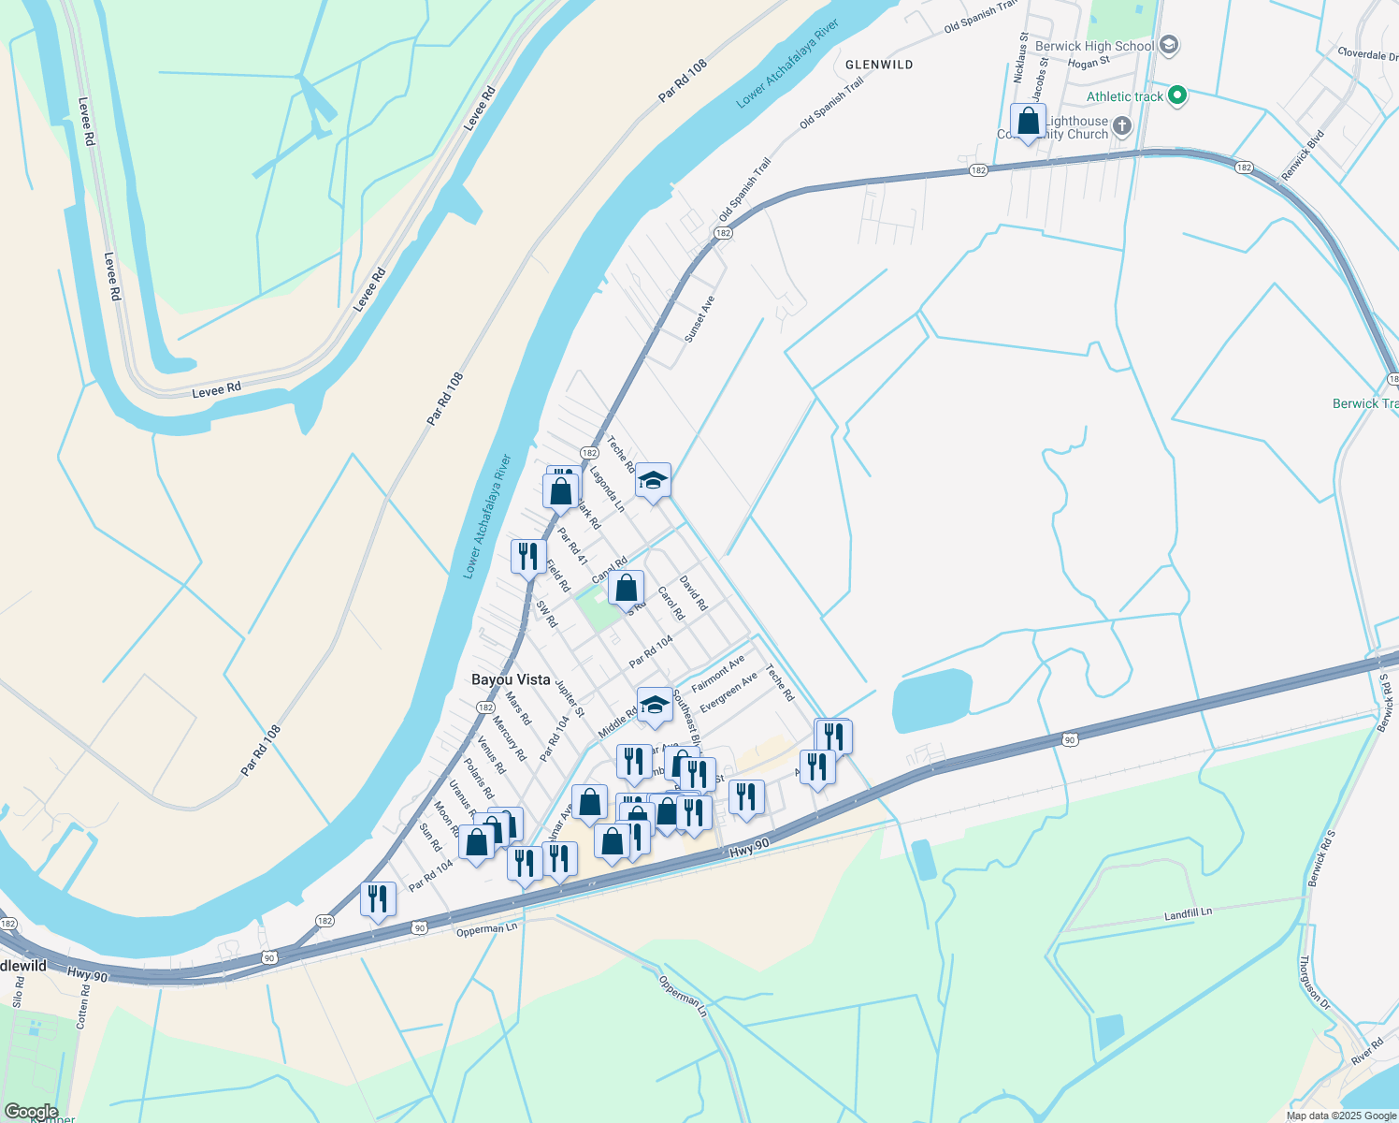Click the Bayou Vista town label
coord(511,679)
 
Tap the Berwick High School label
coord(1093,46)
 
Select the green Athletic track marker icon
coord(1177,95)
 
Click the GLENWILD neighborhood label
coord(879,65)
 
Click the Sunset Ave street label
coord(699,319)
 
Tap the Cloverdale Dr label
coord(1367,54)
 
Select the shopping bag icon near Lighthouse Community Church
coord(1028,122)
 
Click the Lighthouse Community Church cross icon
coord(1122,125)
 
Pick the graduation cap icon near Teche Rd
coord(653,481)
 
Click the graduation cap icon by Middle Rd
coord(655,705)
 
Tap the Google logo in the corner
coord(31,1112)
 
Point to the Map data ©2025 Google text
coord(1341,1116)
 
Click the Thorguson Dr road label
coord(1315,982)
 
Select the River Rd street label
coord(1366,1051)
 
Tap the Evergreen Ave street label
coord(728,693)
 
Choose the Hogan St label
coord(1089,63)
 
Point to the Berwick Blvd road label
coord(1303,155)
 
